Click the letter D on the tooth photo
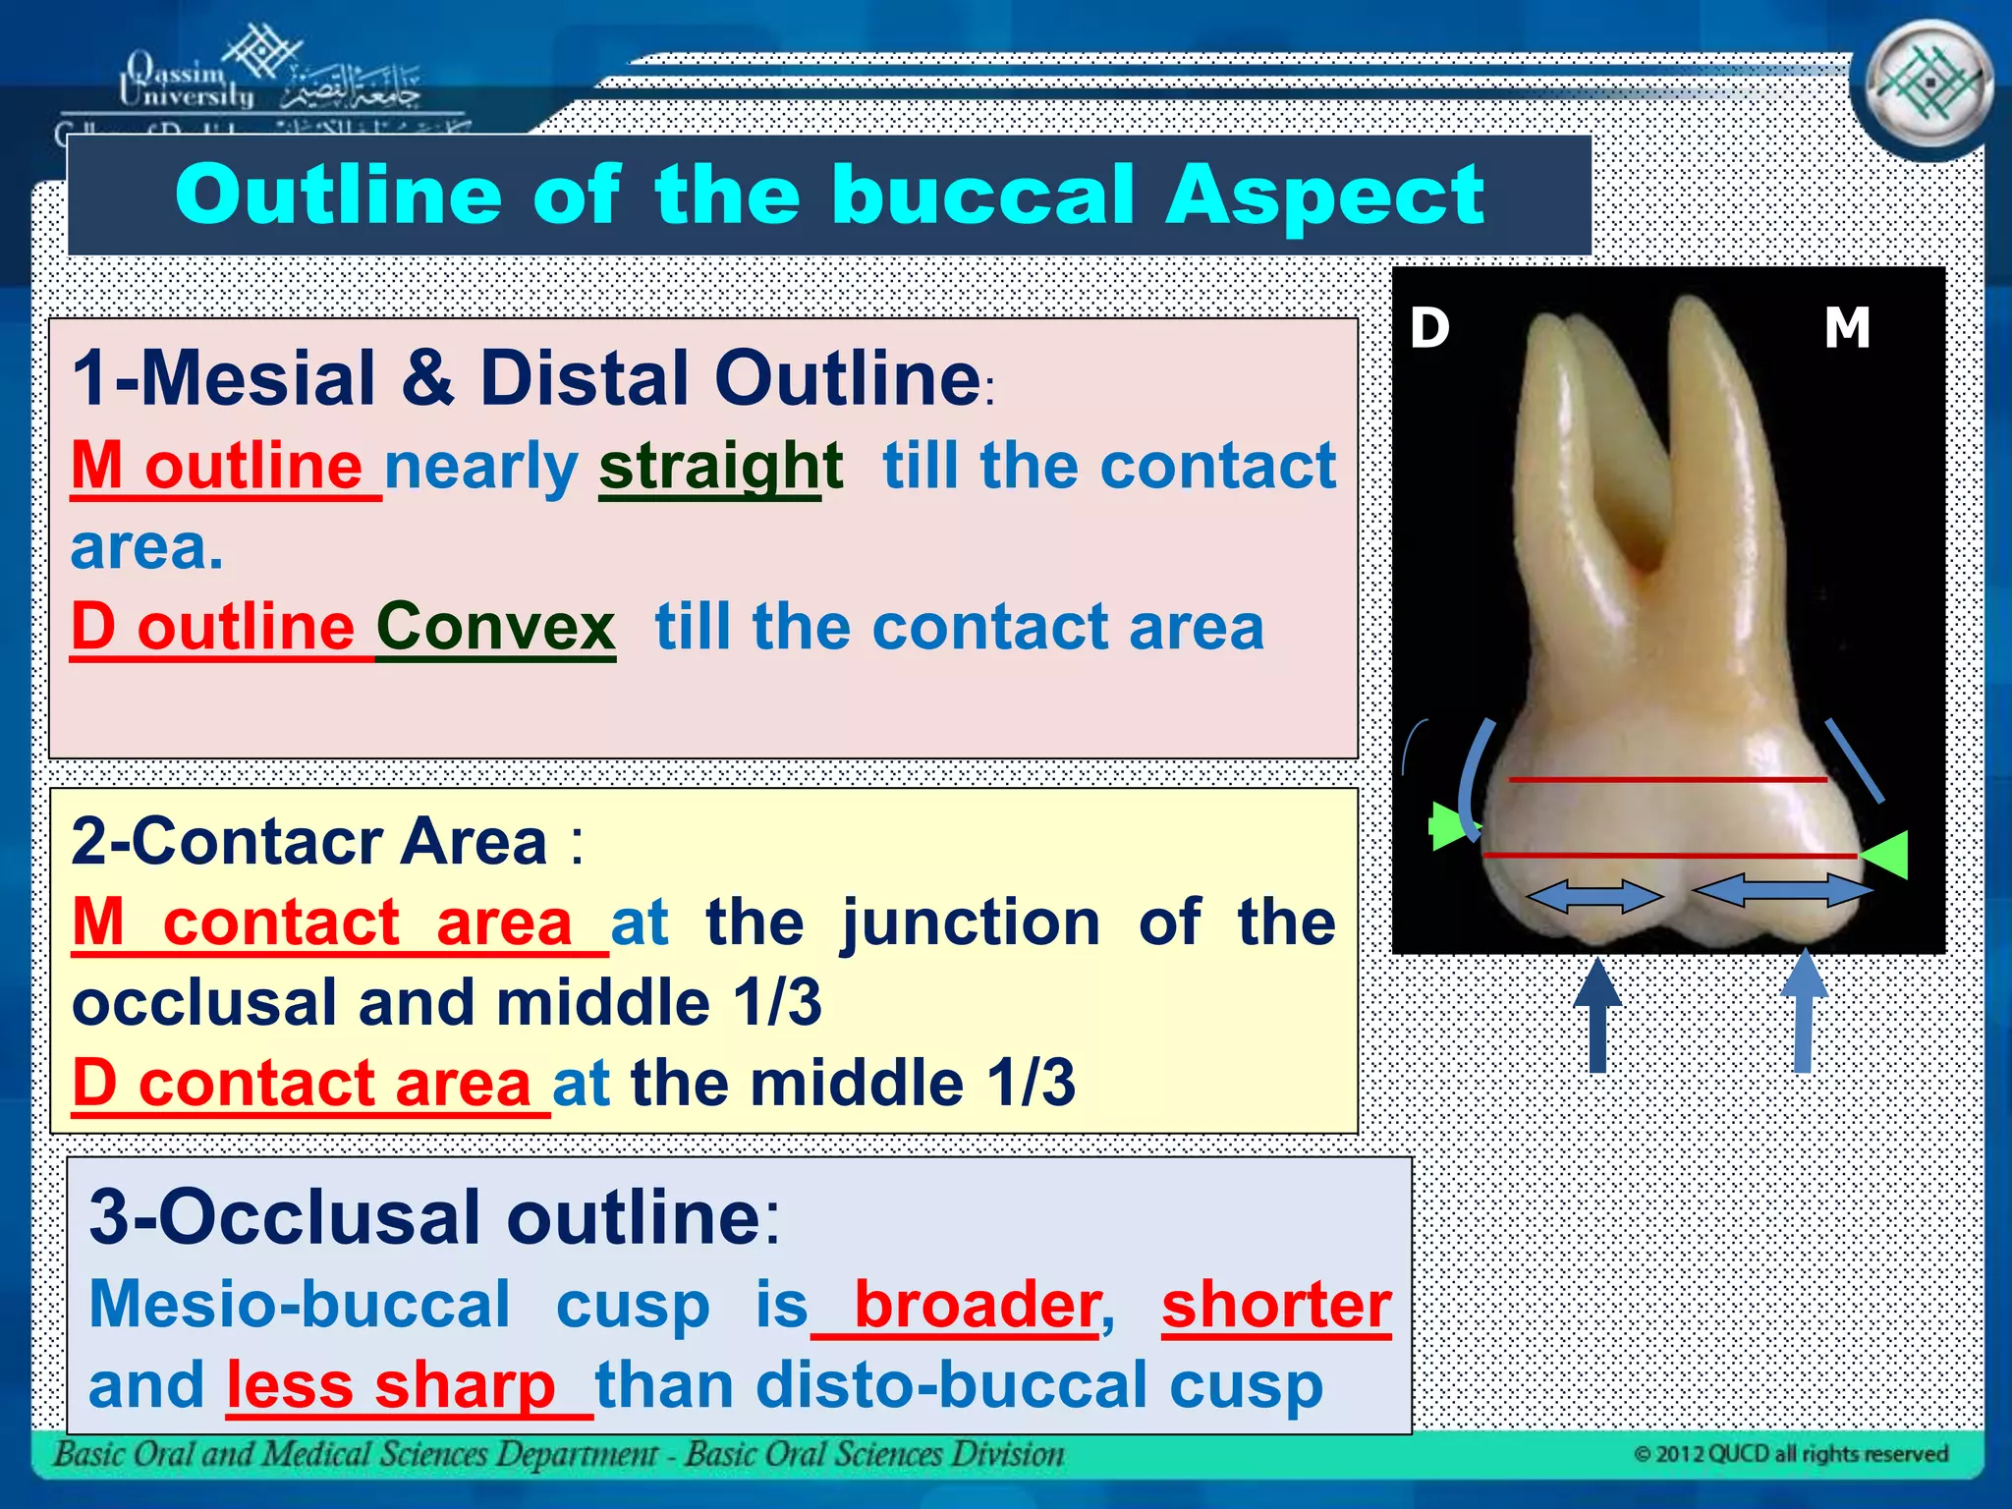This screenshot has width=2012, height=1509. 1429,327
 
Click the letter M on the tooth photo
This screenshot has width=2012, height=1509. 1846,327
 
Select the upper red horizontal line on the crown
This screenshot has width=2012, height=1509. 1667,780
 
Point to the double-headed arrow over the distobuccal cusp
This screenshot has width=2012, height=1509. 1593,896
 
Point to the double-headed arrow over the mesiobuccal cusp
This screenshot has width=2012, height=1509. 1782,890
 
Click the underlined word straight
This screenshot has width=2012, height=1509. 720,466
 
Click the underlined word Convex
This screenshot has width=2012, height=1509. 496,627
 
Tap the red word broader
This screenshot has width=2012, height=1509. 977,1305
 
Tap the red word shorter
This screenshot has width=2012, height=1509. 1276,1305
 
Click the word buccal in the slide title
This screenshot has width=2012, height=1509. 982,195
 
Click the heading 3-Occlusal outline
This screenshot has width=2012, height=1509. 434,1216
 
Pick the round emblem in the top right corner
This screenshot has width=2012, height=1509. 1929,86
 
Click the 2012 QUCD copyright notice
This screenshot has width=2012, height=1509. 1791,1454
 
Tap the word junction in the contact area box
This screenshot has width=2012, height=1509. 971,922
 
